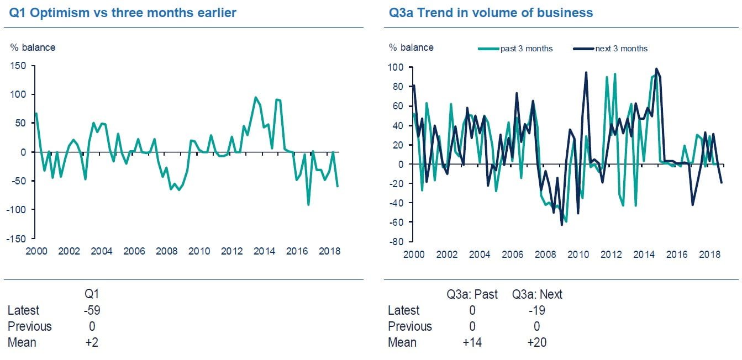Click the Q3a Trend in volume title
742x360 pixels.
tap(491, 13)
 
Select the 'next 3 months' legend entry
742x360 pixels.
tap(621, 49)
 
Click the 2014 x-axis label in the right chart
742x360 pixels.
tap(645, 255)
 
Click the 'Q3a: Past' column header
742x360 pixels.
tap(472, 294)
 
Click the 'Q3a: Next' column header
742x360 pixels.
tap(537, 294)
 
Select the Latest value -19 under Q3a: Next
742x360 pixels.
tap(537, 310)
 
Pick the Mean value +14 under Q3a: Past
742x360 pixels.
tap(472, 342)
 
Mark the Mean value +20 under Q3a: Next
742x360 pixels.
tap(537, 342)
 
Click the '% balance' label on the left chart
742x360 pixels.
tap(33, 47)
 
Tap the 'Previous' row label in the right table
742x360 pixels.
tap(410, 326)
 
